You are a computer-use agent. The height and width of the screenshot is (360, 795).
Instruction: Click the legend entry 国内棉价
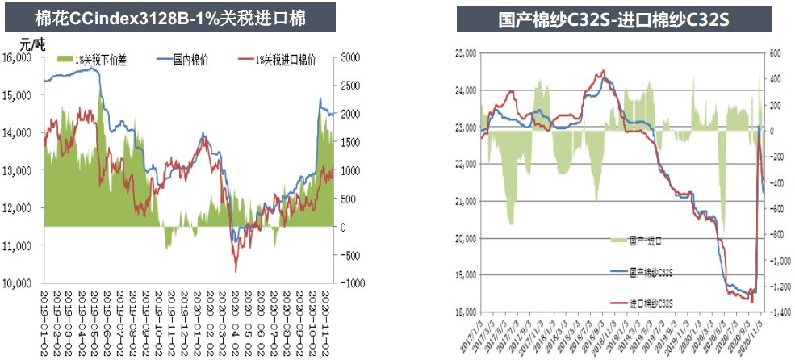tap(191, 60)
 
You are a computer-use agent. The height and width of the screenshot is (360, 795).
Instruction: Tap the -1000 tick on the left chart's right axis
tap(352, 283)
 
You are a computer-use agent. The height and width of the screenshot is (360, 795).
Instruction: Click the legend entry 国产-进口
tap(646, 241)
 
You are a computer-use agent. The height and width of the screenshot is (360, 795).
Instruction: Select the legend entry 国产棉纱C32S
tap(651, 273)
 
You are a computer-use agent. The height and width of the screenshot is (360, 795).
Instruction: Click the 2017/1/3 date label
tap(474, 334)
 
